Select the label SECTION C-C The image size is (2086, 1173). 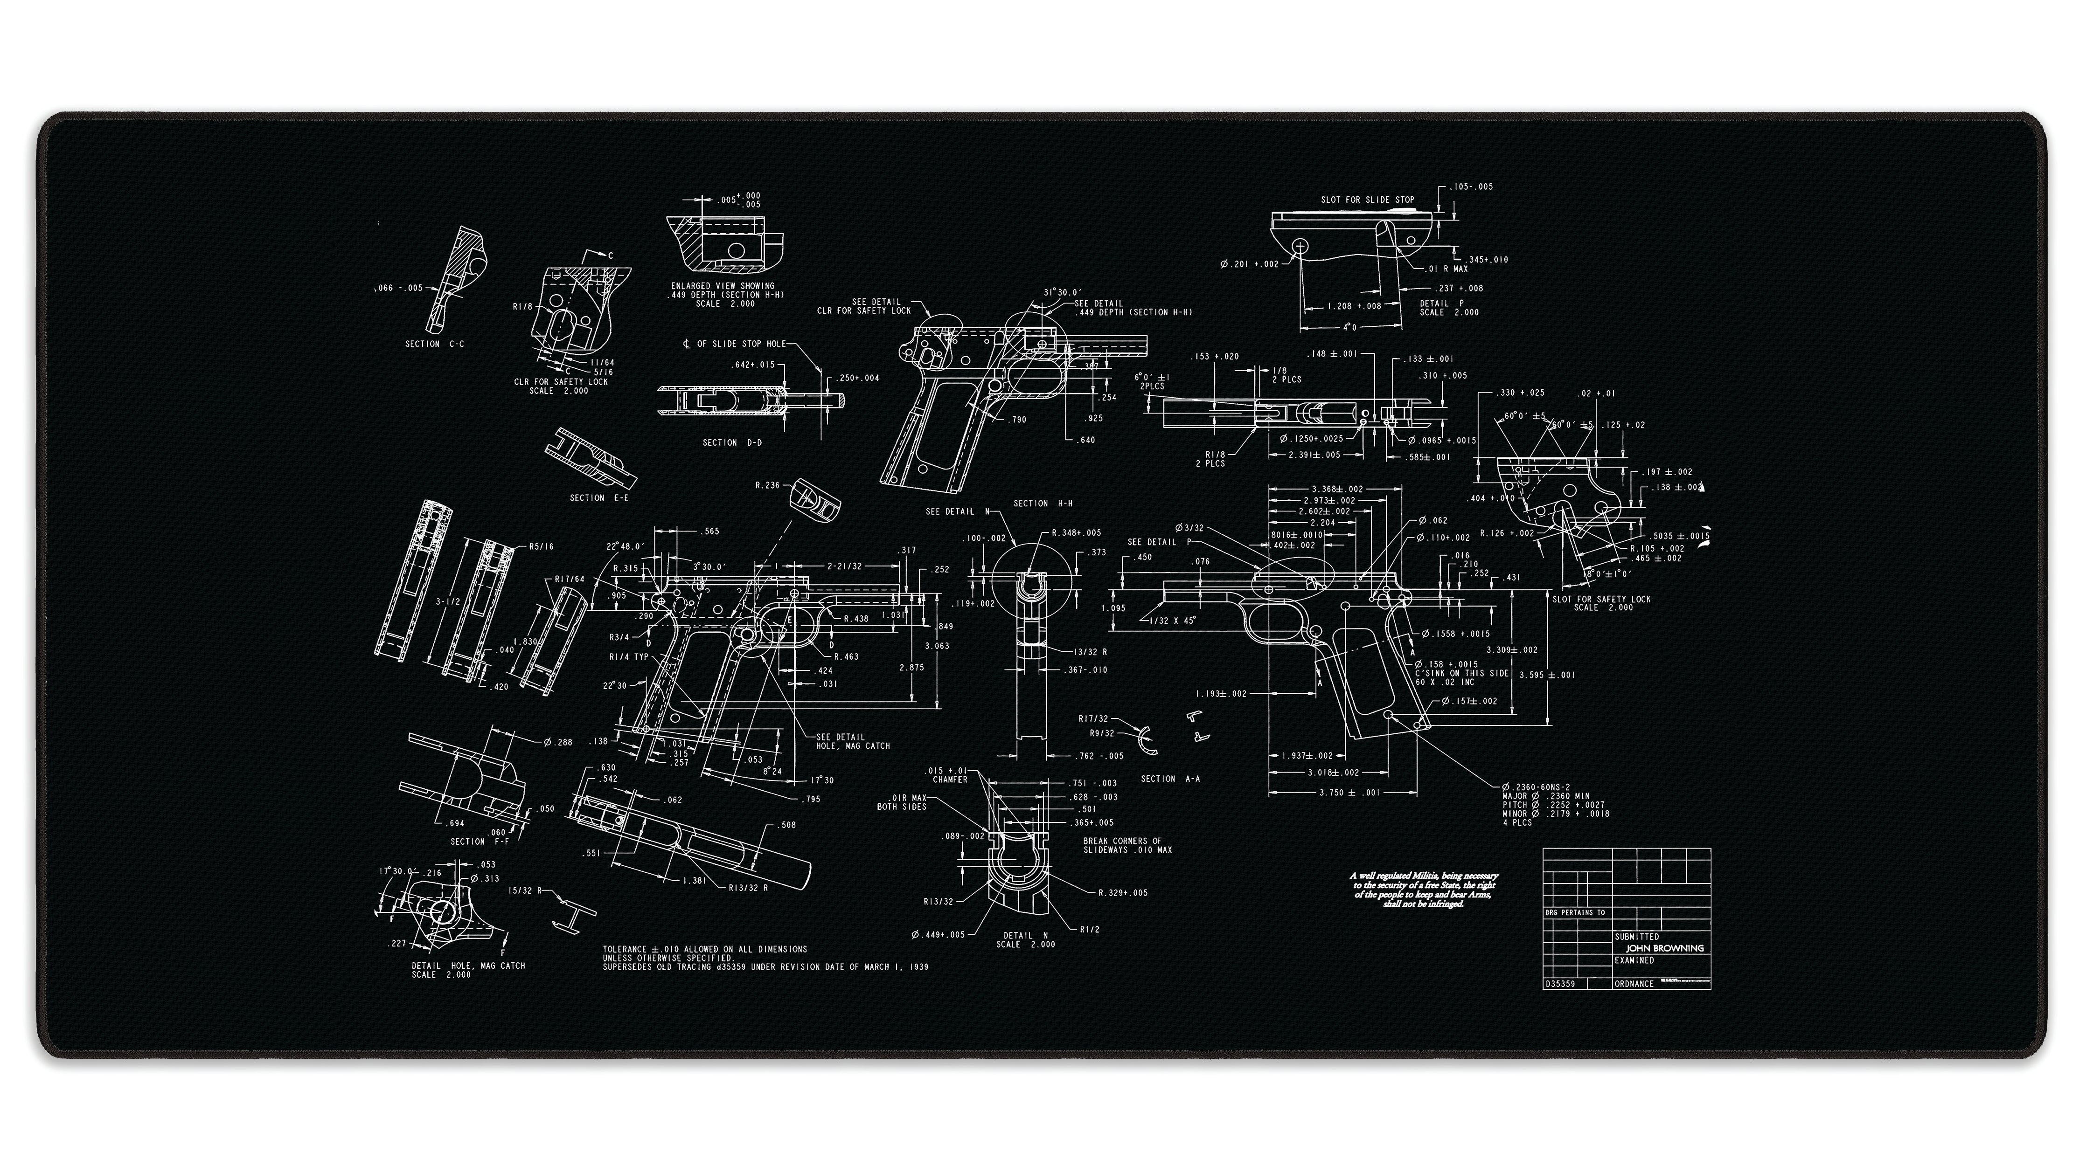(x=435, y=344)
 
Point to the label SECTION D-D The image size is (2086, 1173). (x=732, y=443)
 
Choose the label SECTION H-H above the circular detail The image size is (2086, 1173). (x=1043, y=504)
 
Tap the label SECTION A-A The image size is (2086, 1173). (x=1170, y=779)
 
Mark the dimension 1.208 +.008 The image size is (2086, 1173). (x=1354, y=307)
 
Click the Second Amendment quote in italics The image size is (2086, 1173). (x=1424, y=890)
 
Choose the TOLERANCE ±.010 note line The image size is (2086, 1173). (x=704, y=949)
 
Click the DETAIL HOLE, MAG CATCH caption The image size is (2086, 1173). (x=468, y=966)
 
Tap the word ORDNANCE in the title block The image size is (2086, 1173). (x=1634, y=984)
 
